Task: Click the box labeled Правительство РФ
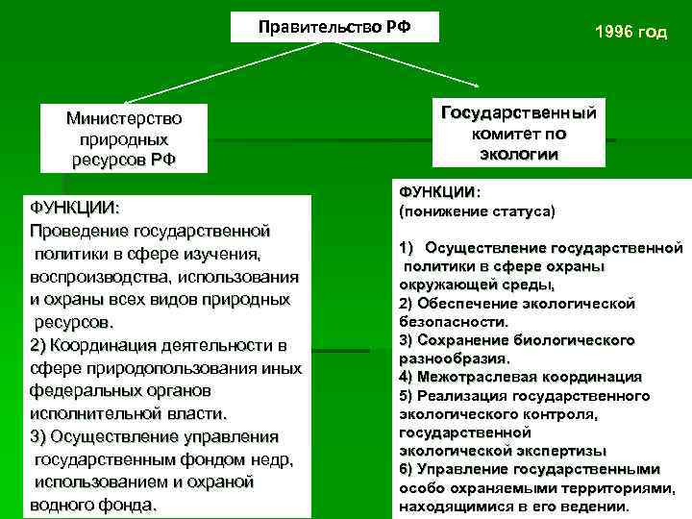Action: pyautogui.click(x=334, y=27)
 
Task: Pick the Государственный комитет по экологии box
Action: pyautogui.click(x=518, y=133)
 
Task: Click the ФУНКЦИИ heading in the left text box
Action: pyautogui.click(x=73, y=208)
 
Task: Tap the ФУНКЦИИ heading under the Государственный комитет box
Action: pyautogui.click(x=438, y=192)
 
